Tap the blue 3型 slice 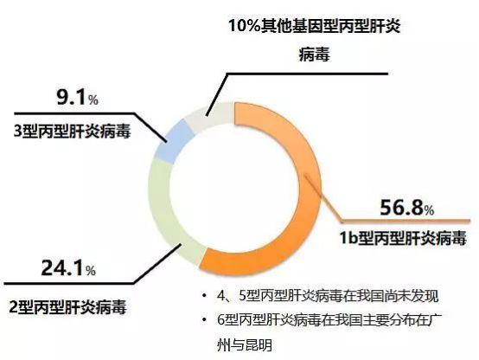tap(174, 139)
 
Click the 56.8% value tap(406, 208)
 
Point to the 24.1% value tap(68, 267)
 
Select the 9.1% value tap(77, 97)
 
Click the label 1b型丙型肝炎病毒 tap(403, 237)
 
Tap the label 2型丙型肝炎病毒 tap(67, 306)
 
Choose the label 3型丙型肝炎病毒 tap(72, 131)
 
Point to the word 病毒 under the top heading tap(315, 55)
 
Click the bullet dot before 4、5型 tap(204, 296)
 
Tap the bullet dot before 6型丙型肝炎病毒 tap(204, 320)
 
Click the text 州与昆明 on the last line tap(245, 345)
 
